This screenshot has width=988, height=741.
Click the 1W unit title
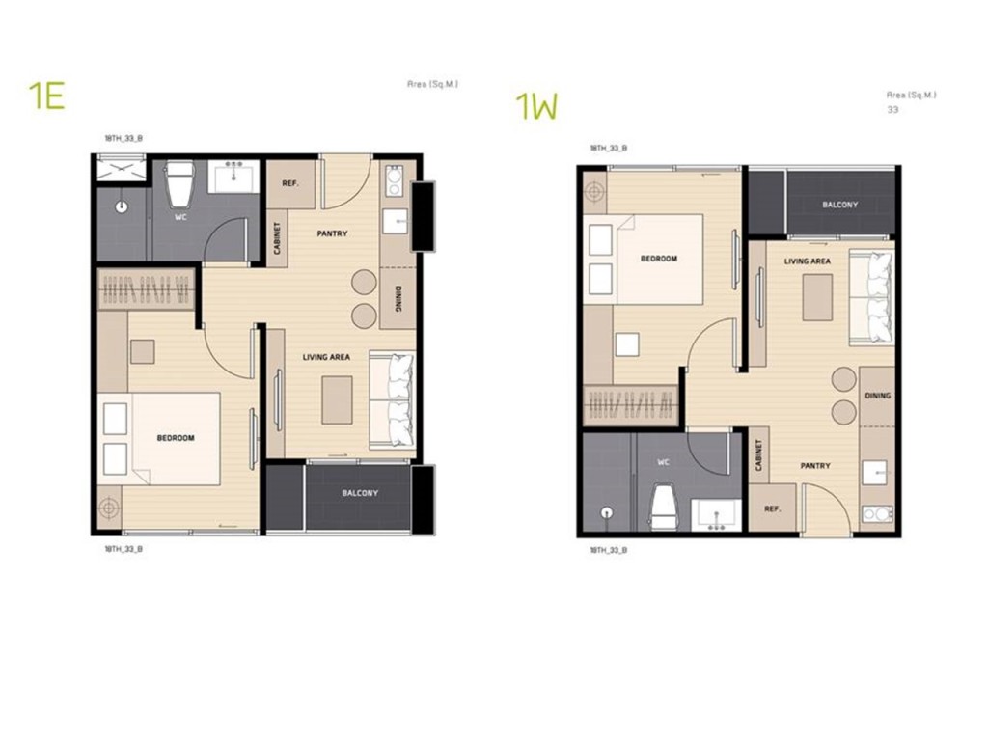click(x=537, y=106)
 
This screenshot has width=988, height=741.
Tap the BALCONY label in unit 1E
click(x=360, y=493)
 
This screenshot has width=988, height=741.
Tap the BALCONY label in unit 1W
click(x=839, y=205)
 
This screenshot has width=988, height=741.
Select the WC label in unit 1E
click(x=180, y=217)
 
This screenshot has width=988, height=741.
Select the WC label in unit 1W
click(x=663, y=462)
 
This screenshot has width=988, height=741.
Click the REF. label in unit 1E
click(x=288, y=184)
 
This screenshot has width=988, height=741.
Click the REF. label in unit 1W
click(x=772, y=508)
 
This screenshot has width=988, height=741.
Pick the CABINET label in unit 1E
click(x=277, y=238)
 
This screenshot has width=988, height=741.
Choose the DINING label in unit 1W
click(x=878, y=396)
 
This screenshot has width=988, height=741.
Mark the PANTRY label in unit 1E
click(x=332, y=233)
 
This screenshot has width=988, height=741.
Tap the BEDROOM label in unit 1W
click(x=659, y=259)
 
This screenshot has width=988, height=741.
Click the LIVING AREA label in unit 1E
click(x=326, y=357)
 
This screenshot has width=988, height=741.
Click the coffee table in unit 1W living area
click(x=817, y=296)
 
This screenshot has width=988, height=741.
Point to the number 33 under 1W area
click(x=892, y=110)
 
